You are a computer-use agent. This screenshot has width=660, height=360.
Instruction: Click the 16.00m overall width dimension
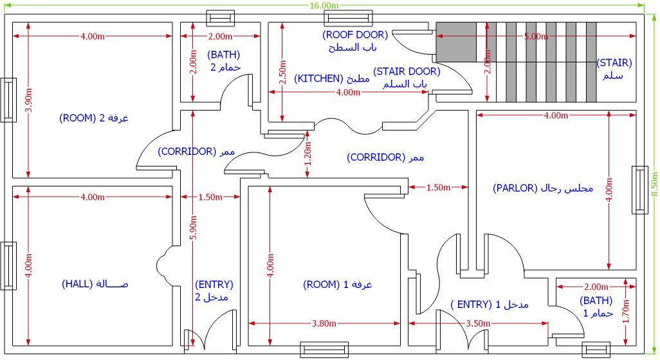pos(324,6)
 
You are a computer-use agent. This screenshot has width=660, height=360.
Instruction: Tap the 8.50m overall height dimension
pos(654,184)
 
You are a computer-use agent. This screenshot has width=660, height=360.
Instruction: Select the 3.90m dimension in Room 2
pos(28,100)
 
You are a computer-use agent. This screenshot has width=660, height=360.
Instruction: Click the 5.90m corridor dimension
pos(193,228)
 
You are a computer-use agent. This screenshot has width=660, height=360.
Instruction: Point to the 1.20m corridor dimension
pos(308,154)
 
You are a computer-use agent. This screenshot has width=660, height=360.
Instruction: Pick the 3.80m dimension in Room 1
pos(324,323)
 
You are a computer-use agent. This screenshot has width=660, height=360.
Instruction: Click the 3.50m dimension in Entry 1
pos(478,323)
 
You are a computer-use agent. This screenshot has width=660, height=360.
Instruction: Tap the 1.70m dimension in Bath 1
pos(625,310)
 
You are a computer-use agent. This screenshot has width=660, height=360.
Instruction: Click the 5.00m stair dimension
pos(536,37)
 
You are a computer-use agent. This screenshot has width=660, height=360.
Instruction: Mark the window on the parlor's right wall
pos(640,190)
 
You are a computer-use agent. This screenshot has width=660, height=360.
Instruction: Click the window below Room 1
pos(324,350)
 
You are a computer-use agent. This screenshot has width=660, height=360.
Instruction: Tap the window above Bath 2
pos(220,18)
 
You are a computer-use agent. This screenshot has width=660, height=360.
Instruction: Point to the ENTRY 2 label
pos(214,291)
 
